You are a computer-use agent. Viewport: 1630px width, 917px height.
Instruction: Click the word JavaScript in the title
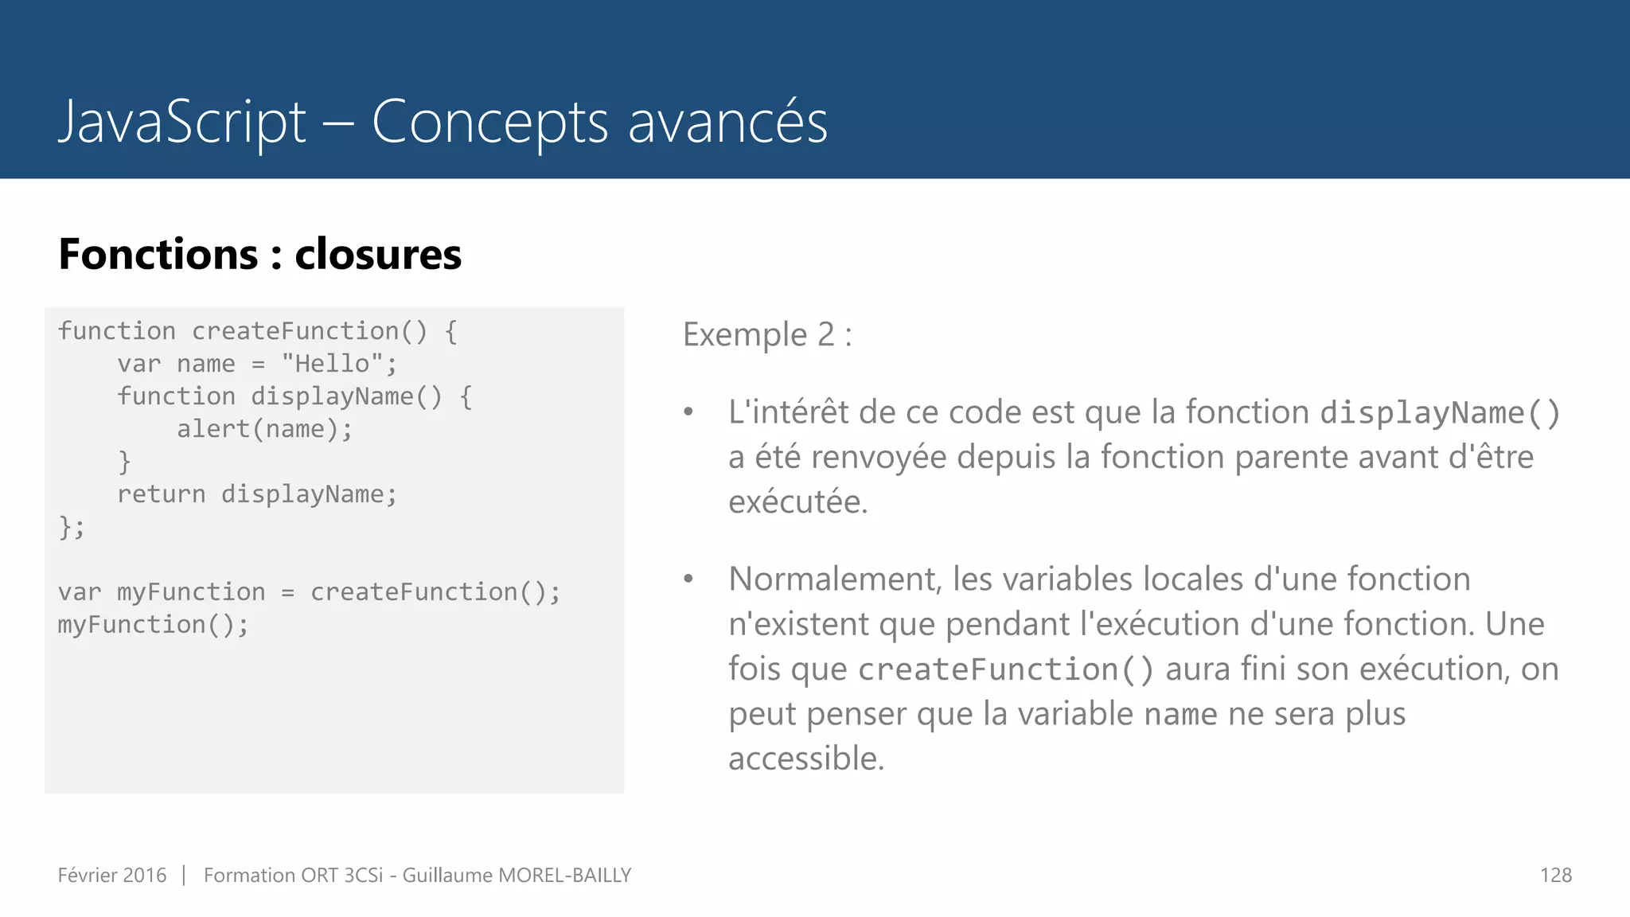[182, 123]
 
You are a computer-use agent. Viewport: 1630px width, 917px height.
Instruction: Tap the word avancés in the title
[727, 123]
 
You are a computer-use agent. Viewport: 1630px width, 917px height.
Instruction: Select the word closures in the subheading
[378, 255]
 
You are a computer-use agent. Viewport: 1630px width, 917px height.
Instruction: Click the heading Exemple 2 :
[767, 334]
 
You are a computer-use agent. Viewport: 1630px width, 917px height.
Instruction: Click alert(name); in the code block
[264, 429]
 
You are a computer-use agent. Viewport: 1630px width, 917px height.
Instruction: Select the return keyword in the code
[161, 494]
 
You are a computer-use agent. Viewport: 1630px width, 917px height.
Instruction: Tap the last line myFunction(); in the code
[153, 625]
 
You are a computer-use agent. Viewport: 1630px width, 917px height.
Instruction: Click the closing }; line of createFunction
[71, 527]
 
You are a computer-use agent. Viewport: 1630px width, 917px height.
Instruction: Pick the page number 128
[1555, 876]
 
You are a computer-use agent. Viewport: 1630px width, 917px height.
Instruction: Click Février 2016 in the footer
[112, 876]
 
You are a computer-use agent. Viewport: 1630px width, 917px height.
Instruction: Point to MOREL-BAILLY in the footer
[563, 876]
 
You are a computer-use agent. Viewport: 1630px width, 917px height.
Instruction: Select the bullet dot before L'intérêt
[688, 412]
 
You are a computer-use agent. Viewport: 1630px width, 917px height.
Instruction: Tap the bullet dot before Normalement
[688, 579]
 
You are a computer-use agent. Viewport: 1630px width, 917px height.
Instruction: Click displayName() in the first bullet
[1440, 413]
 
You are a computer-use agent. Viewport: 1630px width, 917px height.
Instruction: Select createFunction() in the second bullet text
[1005, 669]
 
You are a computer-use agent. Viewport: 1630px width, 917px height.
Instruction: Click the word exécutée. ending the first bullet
[797, 502]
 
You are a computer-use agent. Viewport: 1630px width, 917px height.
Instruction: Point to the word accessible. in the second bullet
[805, 759]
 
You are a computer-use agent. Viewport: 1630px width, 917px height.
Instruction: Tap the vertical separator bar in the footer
[184, 876]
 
